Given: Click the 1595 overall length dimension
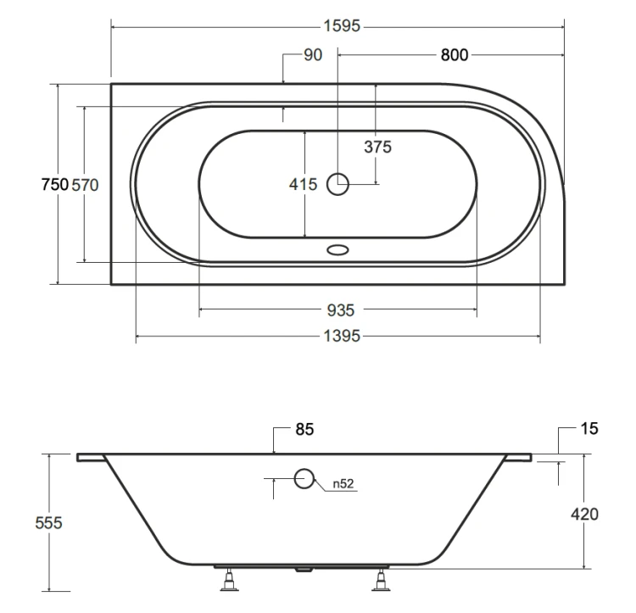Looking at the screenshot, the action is point(342,26).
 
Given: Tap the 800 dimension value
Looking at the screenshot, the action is point(455,55).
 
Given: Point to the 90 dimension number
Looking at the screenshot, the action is point(313,55).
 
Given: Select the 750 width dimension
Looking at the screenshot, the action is point(55,185).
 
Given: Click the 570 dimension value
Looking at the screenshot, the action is point(85,185).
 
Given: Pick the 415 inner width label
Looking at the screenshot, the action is point(303,185).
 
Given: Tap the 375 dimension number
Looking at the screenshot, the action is point(377,147).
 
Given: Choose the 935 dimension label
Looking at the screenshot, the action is point(341,310).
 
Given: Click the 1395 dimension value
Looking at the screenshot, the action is point(342,336).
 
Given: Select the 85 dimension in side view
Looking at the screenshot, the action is point(304,429).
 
